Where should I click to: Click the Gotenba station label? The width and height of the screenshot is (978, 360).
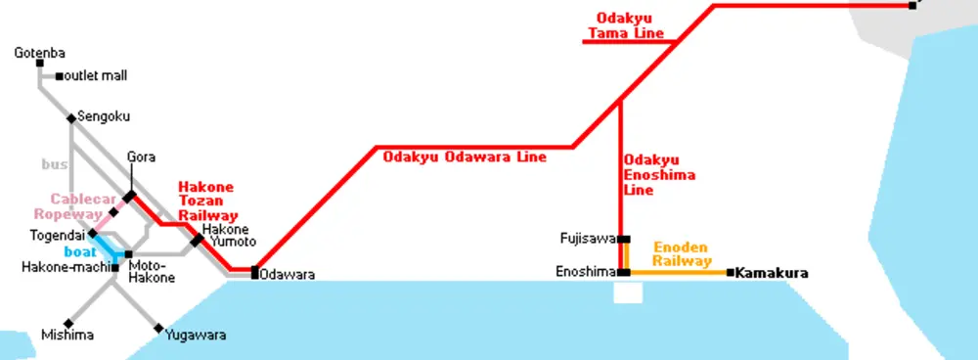39,53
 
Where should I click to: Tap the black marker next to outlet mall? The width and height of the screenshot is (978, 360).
60,76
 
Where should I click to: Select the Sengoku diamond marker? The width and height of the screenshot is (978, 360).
71,118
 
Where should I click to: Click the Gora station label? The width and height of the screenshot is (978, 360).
141,157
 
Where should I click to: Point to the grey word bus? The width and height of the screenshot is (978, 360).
54,164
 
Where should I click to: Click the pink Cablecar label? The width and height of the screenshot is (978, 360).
83,200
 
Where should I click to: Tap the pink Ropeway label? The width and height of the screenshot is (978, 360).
67,214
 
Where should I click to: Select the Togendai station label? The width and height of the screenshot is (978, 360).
57,236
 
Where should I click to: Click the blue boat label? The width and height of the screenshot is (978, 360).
80,252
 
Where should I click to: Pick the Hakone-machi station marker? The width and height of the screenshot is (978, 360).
114,268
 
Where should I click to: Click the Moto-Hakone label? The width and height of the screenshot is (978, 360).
152,271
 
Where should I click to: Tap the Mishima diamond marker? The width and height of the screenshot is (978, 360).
68,324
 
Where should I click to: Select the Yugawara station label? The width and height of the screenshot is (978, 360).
196,336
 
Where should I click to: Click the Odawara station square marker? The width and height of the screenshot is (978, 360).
254,272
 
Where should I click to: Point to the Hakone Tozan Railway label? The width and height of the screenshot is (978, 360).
208,202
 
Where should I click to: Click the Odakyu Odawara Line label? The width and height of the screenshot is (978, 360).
464,157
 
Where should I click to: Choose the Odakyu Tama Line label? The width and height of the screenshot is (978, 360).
626,25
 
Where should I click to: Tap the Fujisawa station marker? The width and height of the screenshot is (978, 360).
624,239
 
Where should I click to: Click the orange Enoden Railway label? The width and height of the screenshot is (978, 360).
683,254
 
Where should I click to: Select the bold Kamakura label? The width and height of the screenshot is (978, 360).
772,273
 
